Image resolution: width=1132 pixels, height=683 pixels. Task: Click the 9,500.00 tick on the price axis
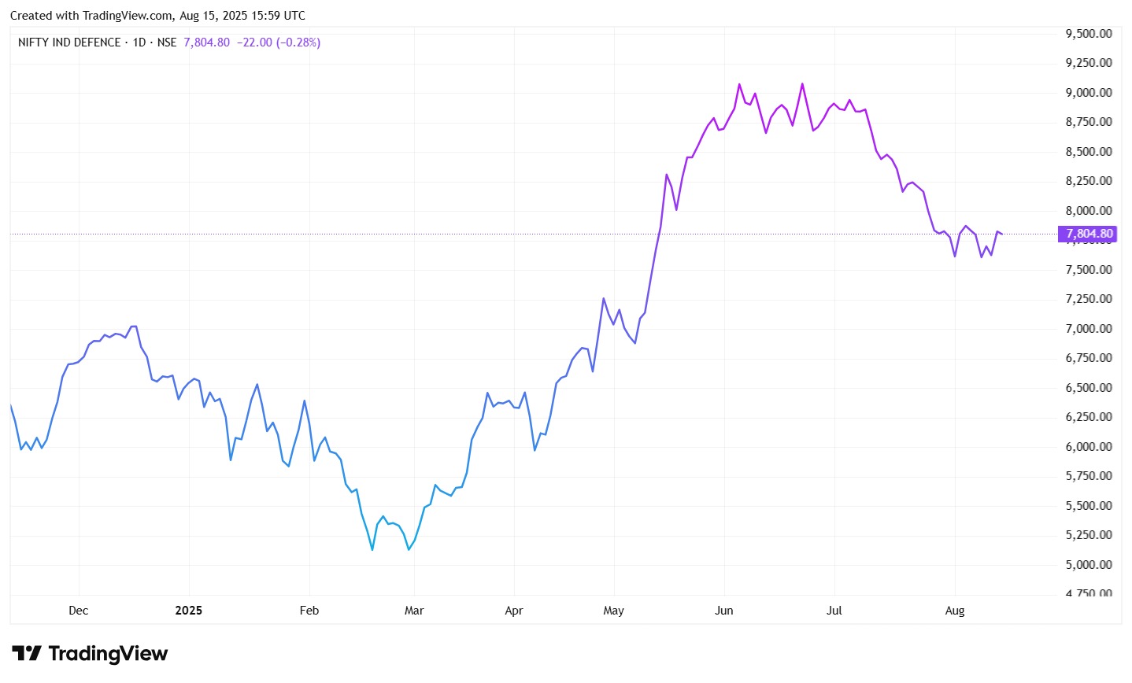1089,34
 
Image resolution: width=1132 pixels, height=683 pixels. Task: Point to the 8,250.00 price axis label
1089,181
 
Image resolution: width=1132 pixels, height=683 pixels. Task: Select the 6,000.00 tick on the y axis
1089,447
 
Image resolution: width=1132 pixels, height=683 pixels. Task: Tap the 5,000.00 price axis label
1089,565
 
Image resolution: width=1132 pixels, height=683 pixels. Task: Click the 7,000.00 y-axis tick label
1089,329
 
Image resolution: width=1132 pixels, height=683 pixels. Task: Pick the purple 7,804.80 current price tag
1089,234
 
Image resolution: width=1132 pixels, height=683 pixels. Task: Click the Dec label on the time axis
79,611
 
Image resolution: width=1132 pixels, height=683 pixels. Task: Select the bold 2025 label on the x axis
189,611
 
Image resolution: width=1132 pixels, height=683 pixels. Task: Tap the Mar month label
414,611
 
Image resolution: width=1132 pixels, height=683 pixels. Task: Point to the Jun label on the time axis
723,611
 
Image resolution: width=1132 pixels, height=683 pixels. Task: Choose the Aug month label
955,611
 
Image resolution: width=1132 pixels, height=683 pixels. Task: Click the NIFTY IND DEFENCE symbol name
69,42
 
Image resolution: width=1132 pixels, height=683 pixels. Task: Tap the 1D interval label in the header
139,42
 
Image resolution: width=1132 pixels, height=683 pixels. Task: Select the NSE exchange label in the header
167,42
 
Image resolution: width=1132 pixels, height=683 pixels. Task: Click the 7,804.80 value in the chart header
207,42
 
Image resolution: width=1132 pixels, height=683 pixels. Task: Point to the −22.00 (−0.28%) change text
279,42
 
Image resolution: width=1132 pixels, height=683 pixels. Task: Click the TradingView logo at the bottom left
90,654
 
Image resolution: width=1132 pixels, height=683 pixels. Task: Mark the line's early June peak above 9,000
739,84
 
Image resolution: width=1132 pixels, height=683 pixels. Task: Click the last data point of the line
1001,234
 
